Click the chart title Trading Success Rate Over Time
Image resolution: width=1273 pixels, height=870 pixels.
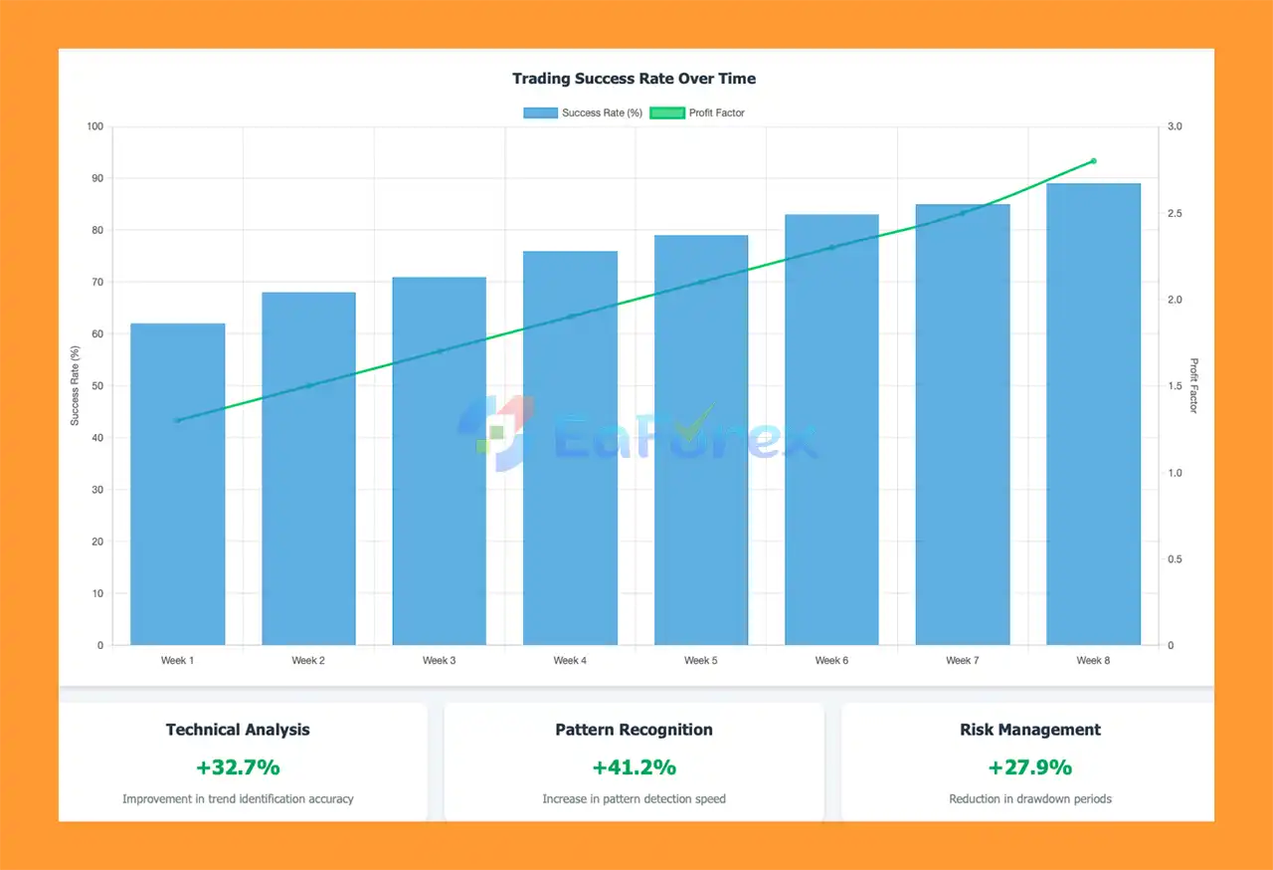point(634,79)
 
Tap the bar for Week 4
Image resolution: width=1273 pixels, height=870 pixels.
point(570,448)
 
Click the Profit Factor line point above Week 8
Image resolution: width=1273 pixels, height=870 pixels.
point(1093,160)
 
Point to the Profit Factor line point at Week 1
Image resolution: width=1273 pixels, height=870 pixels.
point(178,420)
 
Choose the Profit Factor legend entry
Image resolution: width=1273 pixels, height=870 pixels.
point(697,112)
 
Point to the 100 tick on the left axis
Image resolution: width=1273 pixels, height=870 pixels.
point(94,126)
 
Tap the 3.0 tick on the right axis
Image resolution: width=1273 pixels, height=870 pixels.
point(1175,126)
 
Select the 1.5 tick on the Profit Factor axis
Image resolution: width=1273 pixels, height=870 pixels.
point(1175,386)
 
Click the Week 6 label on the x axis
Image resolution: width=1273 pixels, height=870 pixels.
point(831,661)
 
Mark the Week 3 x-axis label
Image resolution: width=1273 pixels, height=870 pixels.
point(440,661)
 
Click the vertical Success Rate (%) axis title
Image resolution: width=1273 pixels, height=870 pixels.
point(75,385)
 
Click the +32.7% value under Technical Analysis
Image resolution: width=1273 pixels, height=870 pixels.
point(238,767)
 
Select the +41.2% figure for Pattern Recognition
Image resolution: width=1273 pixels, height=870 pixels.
point(634,767)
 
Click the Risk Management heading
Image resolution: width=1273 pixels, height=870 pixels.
point(1029,730)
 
